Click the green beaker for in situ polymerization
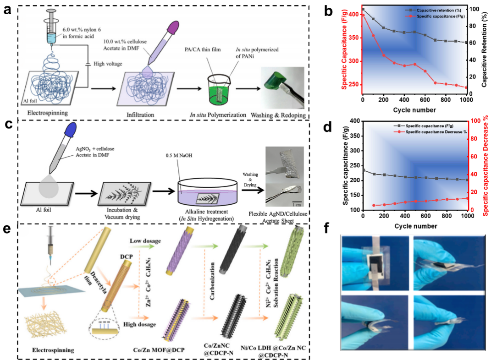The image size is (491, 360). point(220,85)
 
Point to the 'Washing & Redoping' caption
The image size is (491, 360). point(277,114)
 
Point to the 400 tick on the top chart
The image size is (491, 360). point(354,14)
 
